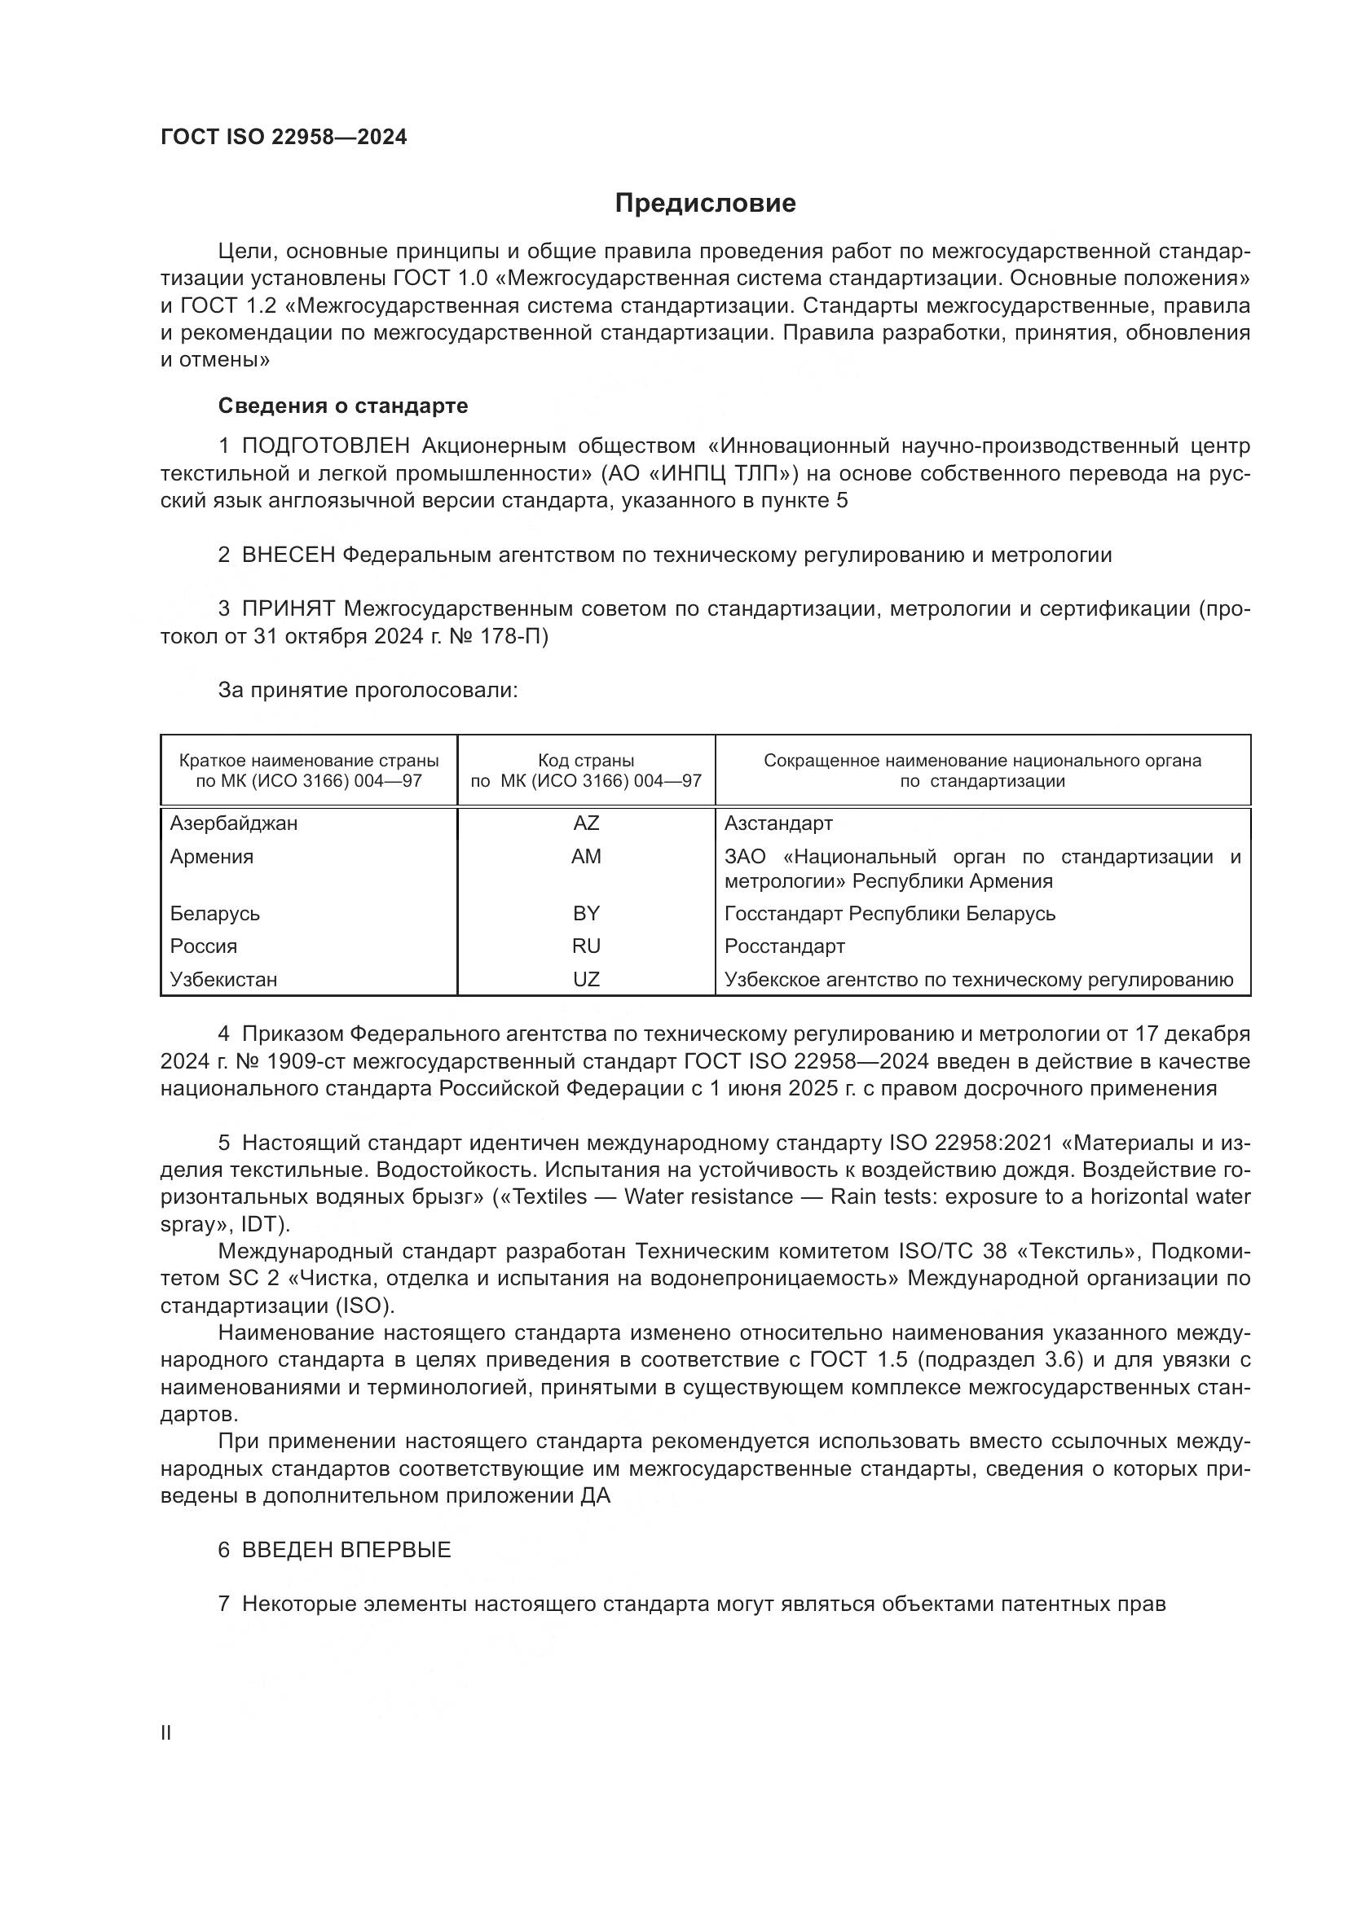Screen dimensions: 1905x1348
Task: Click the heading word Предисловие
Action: point(705,204)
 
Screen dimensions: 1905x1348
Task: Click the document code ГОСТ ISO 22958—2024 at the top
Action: point(284,138)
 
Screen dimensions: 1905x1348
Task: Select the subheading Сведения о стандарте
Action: point(343,406)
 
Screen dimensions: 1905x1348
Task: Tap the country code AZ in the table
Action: point(586,823)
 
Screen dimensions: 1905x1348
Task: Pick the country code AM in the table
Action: point(586,856)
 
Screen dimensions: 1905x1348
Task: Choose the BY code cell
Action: point(586,914)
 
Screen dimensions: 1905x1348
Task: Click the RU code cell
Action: point(586,946)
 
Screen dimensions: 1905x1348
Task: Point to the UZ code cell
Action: point(586,979)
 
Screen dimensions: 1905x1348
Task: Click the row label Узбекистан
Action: point(223,979)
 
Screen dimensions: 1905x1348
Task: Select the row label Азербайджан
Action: point(233,823)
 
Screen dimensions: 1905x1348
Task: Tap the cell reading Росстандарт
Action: point(784,946)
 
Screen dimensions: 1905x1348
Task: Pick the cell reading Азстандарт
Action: point(778,823)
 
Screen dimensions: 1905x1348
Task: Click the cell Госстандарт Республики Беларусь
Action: point(890,914)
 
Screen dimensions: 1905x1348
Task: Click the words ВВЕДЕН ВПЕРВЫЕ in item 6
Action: point(346,1550)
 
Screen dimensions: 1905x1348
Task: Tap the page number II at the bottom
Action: point(166,1732)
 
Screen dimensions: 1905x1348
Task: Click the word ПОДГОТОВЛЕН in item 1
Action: point(325,446)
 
